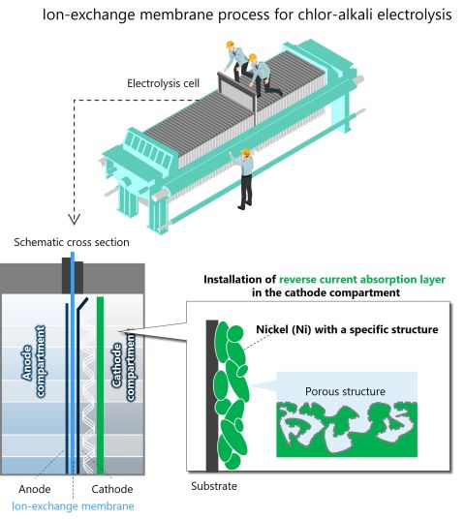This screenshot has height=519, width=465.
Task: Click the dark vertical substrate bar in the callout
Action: (x=210, y=397)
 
